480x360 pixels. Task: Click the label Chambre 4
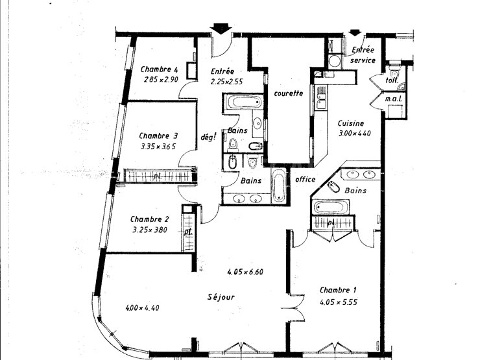coord(159,69)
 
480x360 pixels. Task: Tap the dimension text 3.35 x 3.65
coord(158,147)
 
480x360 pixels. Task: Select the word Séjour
coord(221,297)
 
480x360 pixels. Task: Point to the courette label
coord(289,93)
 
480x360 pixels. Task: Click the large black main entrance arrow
coord(221,29)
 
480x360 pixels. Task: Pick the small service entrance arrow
coord(355,32)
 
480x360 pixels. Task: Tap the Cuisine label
coord(351,123)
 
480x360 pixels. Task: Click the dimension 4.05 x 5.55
coord(338,302)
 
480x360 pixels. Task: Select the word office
coord(306,180)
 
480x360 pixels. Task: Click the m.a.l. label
coord(393,99)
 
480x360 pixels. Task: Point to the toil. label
coord(392,80)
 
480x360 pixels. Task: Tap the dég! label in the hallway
coord(208,137)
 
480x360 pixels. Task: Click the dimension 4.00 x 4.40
coord(142,307)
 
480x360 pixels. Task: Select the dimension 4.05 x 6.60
coord(245,272)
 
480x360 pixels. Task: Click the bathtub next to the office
coord(279,186)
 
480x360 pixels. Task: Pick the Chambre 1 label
coord(338,290)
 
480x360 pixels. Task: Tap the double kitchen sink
coord(321,97)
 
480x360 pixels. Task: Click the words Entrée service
coord(363,54)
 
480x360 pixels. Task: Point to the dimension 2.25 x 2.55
coord(226,82)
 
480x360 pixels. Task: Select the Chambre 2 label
coord(149,219)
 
